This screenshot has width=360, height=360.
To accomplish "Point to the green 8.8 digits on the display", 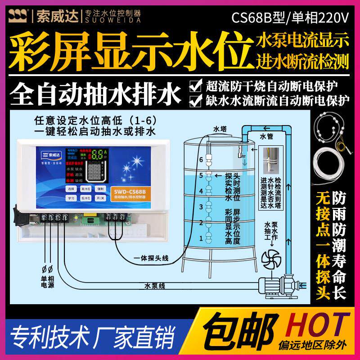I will tap(99, 154).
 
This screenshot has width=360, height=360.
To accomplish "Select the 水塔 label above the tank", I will tap(219, 129).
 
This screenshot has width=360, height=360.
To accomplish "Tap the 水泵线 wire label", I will tap(156, 285).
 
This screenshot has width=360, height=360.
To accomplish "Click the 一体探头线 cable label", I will tap(151, 258).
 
